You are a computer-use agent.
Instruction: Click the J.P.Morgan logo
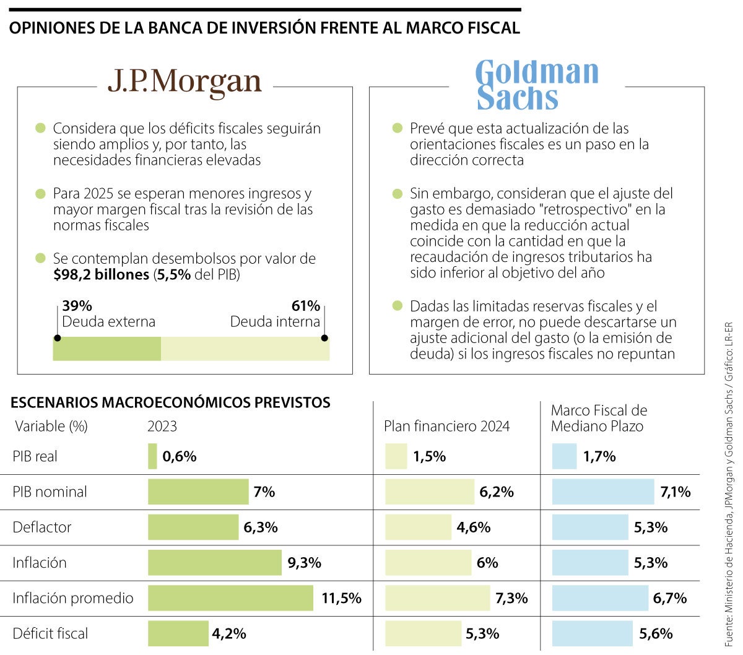coord(185,82)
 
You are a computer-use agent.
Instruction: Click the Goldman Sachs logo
coord(537,85)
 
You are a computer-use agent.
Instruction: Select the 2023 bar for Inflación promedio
coord(230,598)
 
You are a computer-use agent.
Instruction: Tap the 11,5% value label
coord(341,598)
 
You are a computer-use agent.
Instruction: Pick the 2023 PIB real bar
coord(152,456)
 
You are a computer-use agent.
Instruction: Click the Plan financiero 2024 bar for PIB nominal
coord(430,492)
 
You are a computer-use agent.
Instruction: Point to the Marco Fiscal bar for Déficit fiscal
coord(593,633)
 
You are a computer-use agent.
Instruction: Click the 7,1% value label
coord(675,492)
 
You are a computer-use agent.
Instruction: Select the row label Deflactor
coord(42,527)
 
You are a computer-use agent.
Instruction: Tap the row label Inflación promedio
coord(73,598)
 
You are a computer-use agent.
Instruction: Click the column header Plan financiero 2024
coord(446,426)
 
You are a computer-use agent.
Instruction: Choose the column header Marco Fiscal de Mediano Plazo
coord(599,418)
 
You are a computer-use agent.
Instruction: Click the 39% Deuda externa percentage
coord(77,306)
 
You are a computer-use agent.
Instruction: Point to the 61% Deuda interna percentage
coord(306,306)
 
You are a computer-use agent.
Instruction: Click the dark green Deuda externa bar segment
coord(106,349)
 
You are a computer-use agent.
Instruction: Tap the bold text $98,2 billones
coord(101,274)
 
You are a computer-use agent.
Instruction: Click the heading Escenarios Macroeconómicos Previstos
coord(170,402)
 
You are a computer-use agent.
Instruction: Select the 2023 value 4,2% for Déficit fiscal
coord(229,633)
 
